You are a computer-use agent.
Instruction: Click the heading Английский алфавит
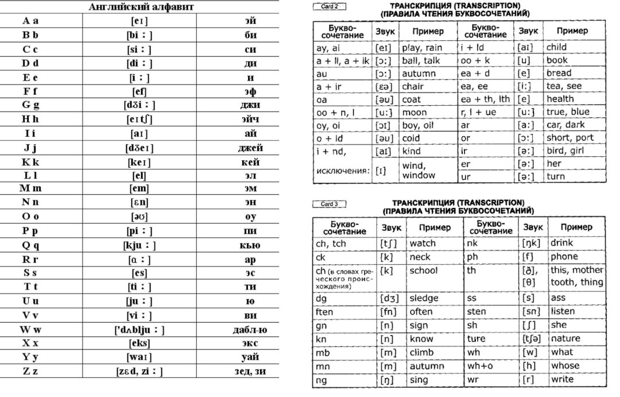141,7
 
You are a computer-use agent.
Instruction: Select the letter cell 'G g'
30,105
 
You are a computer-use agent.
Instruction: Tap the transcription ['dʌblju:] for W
139,330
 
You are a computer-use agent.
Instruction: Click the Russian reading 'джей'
250,148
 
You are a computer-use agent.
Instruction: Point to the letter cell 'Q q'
30,245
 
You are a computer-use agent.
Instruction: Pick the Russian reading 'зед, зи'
250,372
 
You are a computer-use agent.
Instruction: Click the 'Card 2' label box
329,7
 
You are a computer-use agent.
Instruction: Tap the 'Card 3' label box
329,204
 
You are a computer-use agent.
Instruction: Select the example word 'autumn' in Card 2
418,74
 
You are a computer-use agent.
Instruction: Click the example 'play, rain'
422,48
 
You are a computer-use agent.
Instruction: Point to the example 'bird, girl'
565,151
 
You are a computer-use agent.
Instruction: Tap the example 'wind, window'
418,171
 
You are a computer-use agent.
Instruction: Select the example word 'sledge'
424,298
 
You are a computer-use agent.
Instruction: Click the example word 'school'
423,270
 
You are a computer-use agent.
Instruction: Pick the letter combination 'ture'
476,338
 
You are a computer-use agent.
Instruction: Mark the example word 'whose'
565,365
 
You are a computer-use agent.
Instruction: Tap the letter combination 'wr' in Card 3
472,379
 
